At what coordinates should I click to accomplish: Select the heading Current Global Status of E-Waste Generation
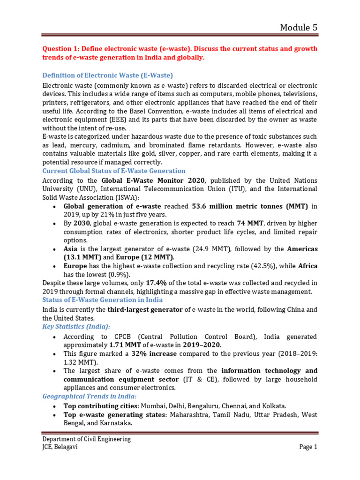coord(114,171)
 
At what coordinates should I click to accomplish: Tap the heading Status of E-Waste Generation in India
coord(103,300)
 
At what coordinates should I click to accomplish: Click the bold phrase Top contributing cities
coord(100,405)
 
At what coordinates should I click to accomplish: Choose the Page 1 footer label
coord(308,447)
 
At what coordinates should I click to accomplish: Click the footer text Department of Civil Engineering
coord(87,439)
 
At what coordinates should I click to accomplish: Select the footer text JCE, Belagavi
coord(60,447)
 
